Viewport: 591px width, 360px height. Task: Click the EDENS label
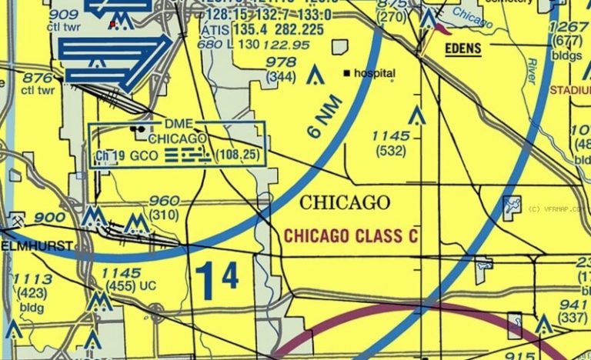pos(463,50)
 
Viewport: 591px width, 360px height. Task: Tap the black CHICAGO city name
pos(344,203)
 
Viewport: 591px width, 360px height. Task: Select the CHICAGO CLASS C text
pos(351,235)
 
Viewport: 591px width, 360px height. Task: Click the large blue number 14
pos(217,281)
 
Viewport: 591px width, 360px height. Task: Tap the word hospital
pos(374,74)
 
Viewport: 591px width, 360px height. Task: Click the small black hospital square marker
pos(348,73)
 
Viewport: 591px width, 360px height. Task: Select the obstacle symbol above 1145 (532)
pos(416,116)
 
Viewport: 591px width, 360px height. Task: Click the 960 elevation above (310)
pos(165,201)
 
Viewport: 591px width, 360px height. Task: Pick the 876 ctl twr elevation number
pos(38,78)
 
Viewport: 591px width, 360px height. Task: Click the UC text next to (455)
pos(148,286)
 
